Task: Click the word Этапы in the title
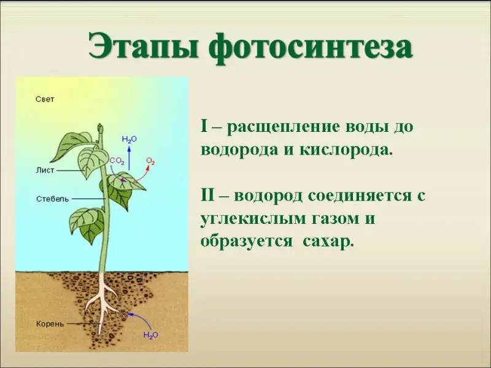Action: pyautogui.click(x=141, y=47)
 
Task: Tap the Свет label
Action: pyautogui.click(x=45, y=99)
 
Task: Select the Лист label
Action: pyautogui.click(x=45, y=171)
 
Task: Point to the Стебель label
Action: pyautogui.click(x=52, y=199)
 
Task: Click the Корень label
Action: pyautogui.click(x=50, y=324)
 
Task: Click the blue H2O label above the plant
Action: pyautogui.click(x=130, y=139)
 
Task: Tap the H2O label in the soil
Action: pyautogui.click(x=150, y=335)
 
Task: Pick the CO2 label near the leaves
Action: pyautogui.click(x=117, y=161)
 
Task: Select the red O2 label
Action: pyautogui.click(x=150, y=161)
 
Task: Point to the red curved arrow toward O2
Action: pyautogui.click(x=142, y=175)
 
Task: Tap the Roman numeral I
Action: pyautogui.click(x=204, y=127)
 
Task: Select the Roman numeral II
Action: pyautogui.click(x=207, y=196)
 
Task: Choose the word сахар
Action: pyautogui.click(x=328, y=242)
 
